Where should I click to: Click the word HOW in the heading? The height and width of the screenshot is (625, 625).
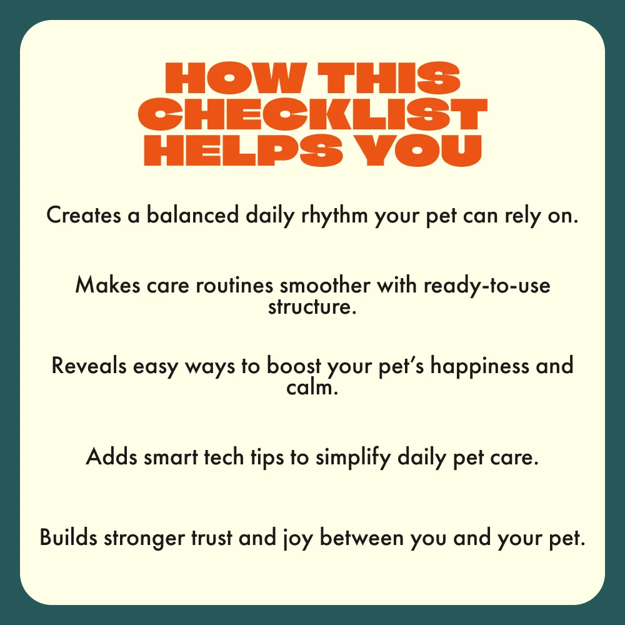[x=236, y=77]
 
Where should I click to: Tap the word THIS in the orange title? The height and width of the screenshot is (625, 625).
[x=389, y=77]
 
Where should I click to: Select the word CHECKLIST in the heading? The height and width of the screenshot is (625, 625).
[x=312, y=114]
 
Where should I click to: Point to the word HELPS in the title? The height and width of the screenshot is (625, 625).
[x=243, y=150]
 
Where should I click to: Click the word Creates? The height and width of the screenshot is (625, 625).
[x=84, y=215]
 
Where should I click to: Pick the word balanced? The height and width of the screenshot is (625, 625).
[x=193, y=214]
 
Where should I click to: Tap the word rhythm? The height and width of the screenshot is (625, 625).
[x=334, y=216]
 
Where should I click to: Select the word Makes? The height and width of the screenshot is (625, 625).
[x=107, y=286]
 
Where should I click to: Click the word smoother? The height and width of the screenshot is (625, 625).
[x=325, y=286]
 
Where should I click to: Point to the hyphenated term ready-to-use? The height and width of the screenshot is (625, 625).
[x=487, y=286]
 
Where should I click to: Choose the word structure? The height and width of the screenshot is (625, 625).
[x=312, y=307]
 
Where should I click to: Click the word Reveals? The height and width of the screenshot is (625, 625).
[x=89, y=366]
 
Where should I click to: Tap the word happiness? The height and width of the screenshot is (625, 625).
[x=479, y=366]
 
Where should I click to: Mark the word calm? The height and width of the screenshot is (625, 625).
[x=312, y=387]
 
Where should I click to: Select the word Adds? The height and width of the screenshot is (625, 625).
[x=112, y=457]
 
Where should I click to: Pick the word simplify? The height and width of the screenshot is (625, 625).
[x=353, y=457]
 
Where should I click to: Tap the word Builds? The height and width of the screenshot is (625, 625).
[x=69, y=537]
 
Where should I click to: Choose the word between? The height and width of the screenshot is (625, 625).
[x=362, y=537]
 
